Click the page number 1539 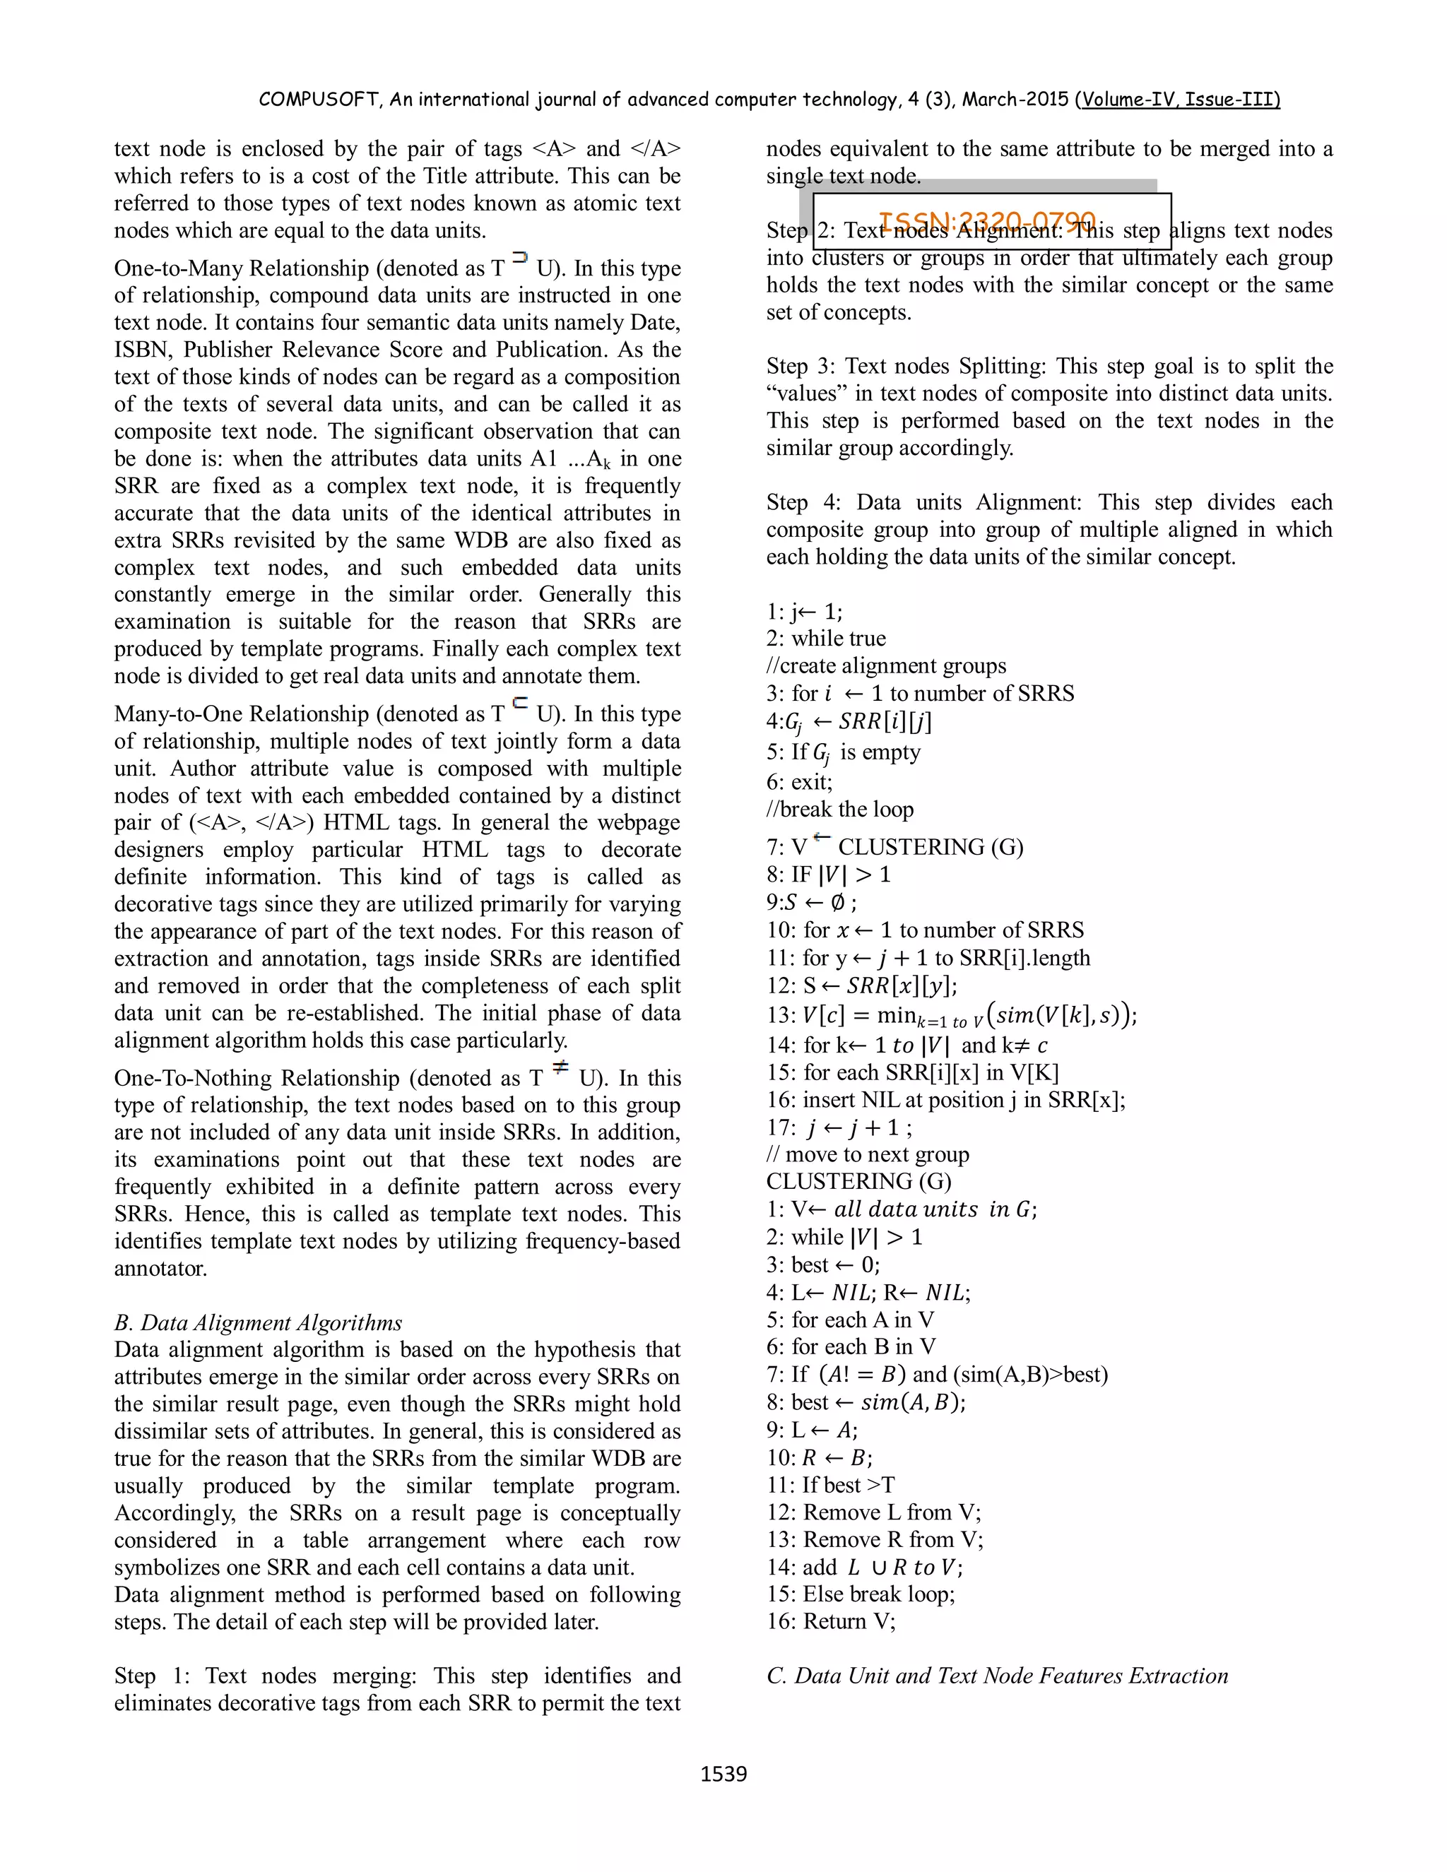pos(723,1773)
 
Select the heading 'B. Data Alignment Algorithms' pos(258,1322)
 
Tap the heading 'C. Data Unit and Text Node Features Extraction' pos(997,1676)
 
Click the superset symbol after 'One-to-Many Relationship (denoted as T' pos(519,257)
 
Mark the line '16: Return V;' pos(831,1621)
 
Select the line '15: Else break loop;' pos(861,1594)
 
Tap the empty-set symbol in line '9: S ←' pos(837,903)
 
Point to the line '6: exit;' pos(799,782)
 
